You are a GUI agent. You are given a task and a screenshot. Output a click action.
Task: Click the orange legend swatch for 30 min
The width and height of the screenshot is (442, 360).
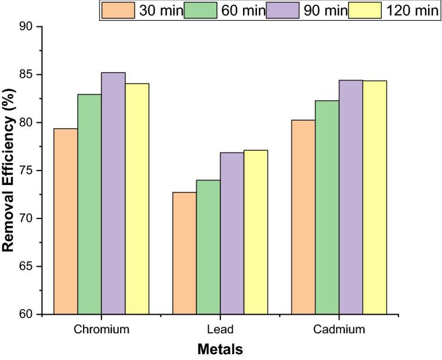pos(118,10)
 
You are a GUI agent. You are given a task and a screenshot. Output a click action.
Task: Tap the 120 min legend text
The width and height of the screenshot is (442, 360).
pos(408,11)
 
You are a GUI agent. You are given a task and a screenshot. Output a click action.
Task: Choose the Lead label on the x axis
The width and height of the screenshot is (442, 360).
pos(220,330)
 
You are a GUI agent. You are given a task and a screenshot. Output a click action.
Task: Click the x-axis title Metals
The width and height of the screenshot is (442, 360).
pos(220,349)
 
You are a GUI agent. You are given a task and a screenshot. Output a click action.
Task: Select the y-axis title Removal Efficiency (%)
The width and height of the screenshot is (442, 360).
pos(9,170)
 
